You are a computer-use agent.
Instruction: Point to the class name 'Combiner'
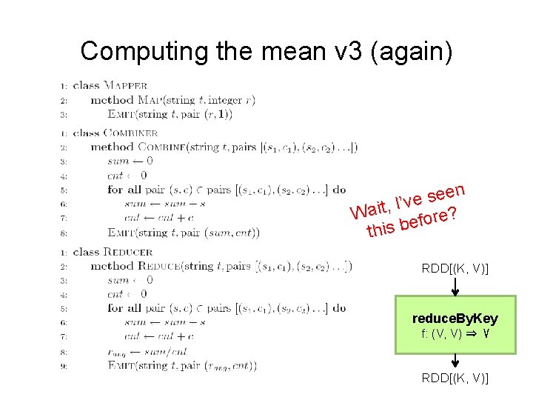[130, 133]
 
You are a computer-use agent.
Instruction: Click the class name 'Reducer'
[127, 252]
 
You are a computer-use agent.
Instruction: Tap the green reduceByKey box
[455, 324]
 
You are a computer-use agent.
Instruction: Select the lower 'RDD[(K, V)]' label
[455, 379]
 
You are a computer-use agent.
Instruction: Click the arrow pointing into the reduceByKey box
[455, 287]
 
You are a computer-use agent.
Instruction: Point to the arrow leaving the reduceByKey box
[455, 361]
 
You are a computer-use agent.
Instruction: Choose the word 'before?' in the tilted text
[426, 219]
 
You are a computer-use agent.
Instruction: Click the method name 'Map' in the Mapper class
[146, 100]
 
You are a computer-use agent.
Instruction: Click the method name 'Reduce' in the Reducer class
[159, 266]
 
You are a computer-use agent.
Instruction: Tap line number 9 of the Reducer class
[64, 366]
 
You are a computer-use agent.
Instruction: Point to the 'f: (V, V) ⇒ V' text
[455, 333]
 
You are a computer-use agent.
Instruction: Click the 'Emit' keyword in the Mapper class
[121, 114]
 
